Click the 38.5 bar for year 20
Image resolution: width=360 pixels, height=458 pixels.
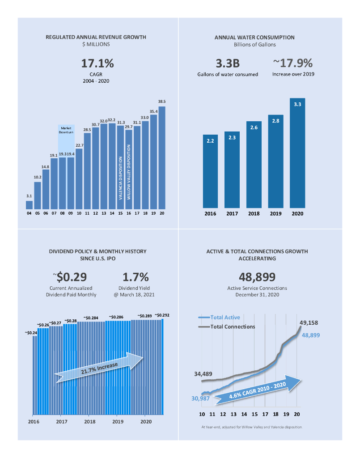pyautogui.click(x=162, y=157)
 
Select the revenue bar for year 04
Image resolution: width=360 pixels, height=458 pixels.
pyautogui.click(x=29, y=205)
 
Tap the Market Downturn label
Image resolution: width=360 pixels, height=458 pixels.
pyautogui.click(x=66, y=130)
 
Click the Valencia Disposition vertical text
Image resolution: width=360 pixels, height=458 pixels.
pyautogui.click(x=120, y=177)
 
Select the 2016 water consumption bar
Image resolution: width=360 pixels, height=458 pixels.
pyautogui.click(x=210, y=172)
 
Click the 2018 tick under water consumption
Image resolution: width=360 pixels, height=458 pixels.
pyautogui.click(x=254, y=214)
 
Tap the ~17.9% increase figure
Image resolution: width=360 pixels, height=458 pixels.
pyautogui.click(x=293, y=63)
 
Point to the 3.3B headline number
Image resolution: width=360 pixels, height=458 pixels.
pyautogui.click(x=228, y=63)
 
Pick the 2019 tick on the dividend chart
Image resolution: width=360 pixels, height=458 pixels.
pyautogui.click(x=118, y=421)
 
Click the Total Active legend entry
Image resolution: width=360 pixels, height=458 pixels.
pyautogui.click(x=219, y=318)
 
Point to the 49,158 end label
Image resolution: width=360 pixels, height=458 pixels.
pyautogui.click(x=308, y=322)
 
